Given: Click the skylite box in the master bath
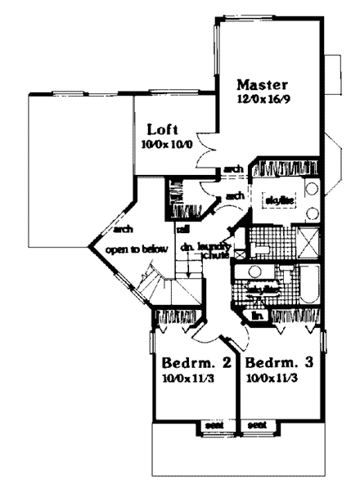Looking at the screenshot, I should click(x=274, y=200).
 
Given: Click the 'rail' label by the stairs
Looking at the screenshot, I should click(x=183, y=228).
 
